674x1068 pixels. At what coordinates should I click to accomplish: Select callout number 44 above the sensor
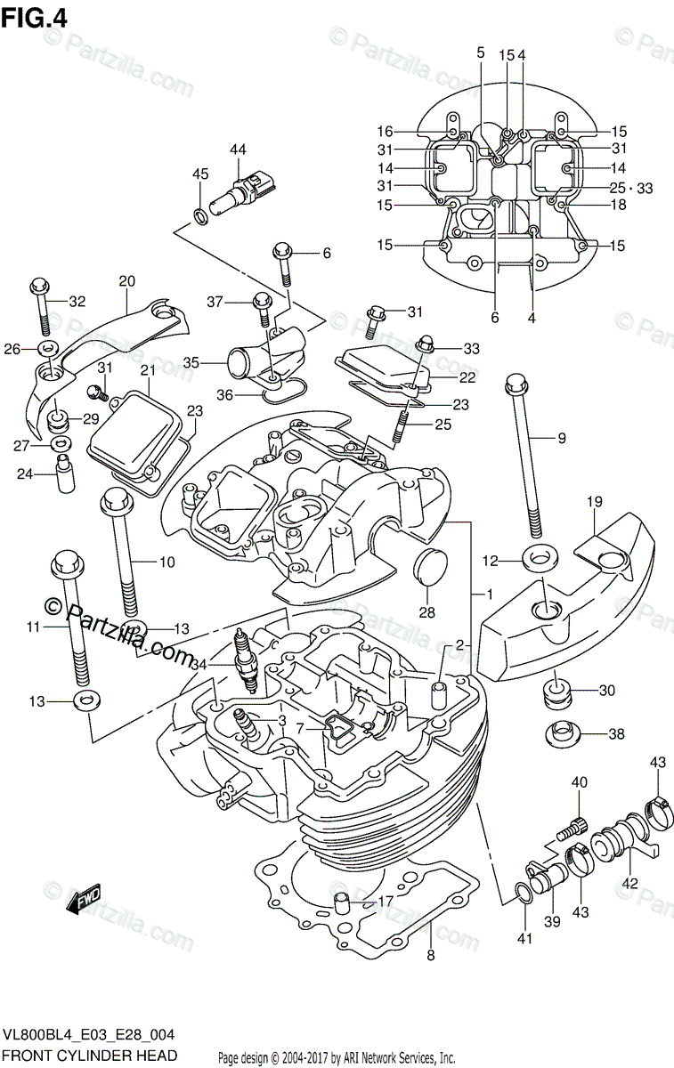pyautogui.click(x=237, y=150)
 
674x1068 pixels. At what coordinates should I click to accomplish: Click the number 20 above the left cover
pyautogui.click(x=126, y=282)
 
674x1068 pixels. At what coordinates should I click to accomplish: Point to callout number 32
pyautogui.click(x=77, y=301)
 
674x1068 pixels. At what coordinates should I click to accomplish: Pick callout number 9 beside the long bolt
pyautogui.click(x=562, y=437)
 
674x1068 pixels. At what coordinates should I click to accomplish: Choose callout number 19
pyautogui.click(x=596, y=503)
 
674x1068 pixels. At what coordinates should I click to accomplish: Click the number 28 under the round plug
pyautogui.click(x=427, y=613)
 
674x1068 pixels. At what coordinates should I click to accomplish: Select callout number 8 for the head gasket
pyautogui.click(x=430, y=956)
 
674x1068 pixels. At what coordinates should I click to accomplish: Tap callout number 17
pyautogui.click(x=385, y=902)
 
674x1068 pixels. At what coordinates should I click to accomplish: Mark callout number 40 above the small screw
pyautogui.click(x=580, y=782)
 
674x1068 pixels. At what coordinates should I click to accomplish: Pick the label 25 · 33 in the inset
pyautogui.click(x=631, y=188)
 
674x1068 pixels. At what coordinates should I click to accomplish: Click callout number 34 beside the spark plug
pyautogui.click(x=199, y=664)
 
